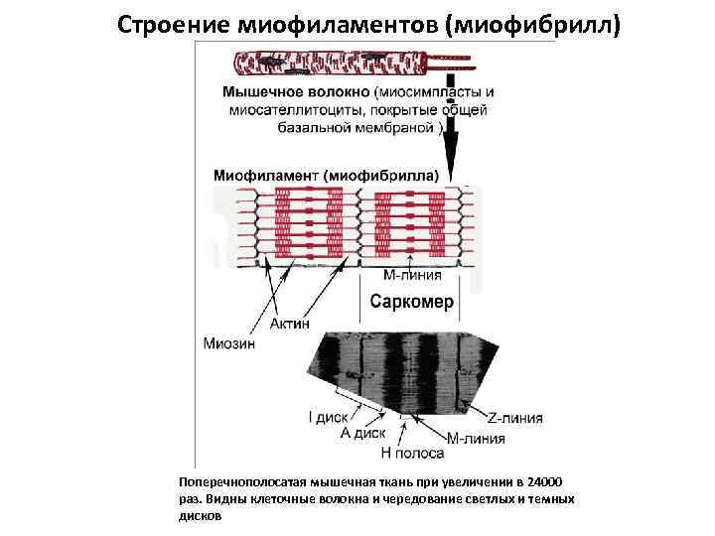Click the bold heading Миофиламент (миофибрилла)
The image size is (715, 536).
click(x=324, y=174)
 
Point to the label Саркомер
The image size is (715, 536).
click(x=411, y=302)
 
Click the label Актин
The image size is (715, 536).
click(x=290, y=324)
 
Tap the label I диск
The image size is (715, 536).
click(x=328, y=418)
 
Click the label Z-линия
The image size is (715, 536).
click(x=513, y=418)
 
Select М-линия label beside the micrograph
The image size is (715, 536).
click(x=476, y=438)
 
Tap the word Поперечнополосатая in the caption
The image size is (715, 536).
click(x=235, y=480)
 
